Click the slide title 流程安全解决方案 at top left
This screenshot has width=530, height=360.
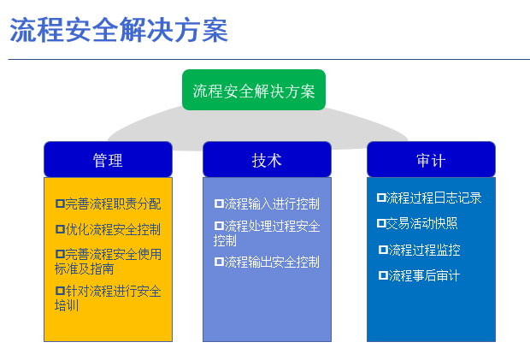coord(119,31)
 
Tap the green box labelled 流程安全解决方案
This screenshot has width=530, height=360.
coord(254,91)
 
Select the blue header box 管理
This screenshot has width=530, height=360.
coord(108,160)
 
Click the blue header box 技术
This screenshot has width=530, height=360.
coord(267,160)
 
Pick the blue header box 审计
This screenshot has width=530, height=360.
coord(431,160)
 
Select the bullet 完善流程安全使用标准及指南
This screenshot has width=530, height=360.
coord(108,261)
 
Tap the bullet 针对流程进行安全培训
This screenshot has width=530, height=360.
coord(108,298)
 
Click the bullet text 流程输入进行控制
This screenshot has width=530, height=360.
coord(272,204)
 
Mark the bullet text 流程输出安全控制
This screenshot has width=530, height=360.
coord(272,262)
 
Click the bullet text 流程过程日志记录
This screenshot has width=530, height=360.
coord(434,198)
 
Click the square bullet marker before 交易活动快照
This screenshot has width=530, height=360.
coord(381,223)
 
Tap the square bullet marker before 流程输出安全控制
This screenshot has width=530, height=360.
coord(219,262)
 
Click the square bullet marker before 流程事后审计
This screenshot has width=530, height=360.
coord(383,275)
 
